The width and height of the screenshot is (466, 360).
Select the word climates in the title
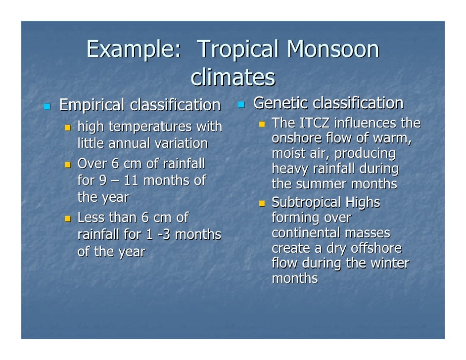pos(233,78)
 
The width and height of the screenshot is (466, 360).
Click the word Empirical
pos(92,105)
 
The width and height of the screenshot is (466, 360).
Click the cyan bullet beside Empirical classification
pos(47,106)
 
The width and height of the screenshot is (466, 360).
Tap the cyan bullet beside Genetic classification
pos(241,104)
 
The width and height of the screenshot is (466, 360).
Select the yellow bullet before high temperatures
pos(69,128)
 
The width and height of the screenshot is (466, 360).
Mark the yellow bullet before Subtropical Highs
pos(262,203)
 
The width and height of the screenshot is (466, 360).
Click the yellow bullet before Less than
pos(69,218)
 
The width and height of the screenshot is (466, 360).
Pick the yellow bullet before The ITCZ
pos(262,124)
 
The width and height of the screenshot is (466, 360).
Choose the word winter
pos(387,263)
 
